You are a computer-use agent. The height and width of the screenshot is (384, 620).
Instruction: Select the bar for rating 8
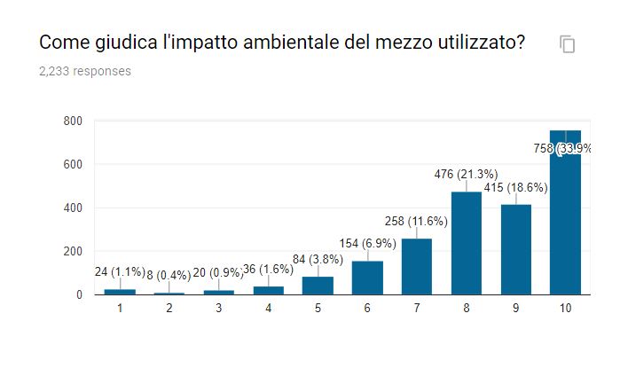(x=467, y=243)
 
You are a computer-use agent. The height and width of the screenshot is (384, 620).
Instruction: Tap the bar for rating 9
(x=516, y=249)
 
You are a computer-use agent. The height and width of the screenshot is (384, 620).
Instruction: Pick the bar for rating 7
(x=417, y=266)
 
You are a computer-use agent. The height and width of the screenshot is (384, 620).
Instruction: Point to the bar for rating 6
(x=367, y=278)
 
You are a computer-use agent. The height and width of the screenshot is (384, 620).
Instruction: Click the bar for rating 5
(x=318, y=285)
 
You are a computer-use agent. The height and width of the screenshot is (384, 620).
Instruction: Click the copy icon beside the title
(x=568, y=44)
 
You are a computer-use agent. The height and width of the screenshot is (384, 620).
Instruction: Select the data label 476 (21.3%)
(x=466, y=174)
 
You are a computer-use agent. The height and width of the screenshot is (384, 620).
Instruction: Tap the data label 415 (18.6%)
(x=515, y=187)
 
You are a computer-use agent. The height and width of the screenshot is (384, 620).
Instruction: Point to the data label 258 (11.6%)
(x=416, y=220)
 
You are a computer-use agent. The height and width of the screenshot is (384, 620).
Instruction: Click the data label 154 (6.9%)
(x=366, y=242)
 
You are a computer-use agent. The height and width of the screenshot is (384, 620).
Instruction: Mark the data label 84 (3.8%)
(x=317, y=259)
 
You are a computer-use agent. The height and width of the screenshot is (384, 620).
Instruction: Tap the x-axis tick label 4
(x=268, y=309)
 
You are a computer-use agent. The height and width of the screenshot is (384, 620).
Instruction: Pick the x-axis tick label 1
(x=120, y=309)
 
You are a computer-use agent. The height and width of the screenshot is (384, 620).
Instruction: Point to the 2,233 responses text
(x=85, y=71)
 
